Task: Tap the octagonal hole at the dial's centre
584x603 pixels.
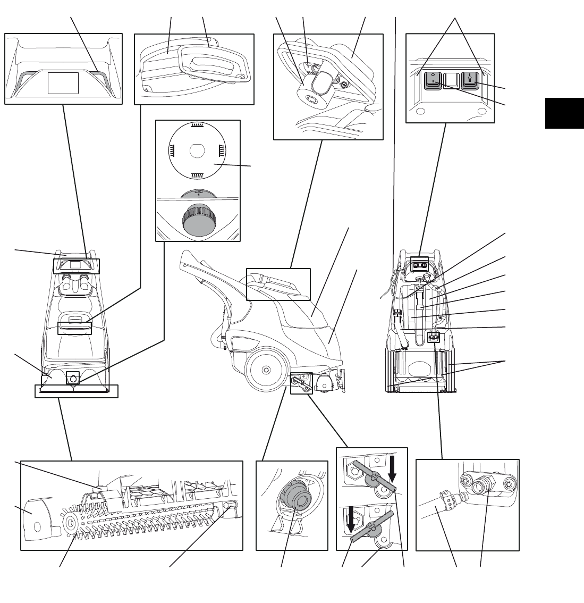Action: [x=197, y=150]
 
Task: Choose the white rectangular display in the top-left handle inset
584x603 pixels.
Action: [x=63, y=83]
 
